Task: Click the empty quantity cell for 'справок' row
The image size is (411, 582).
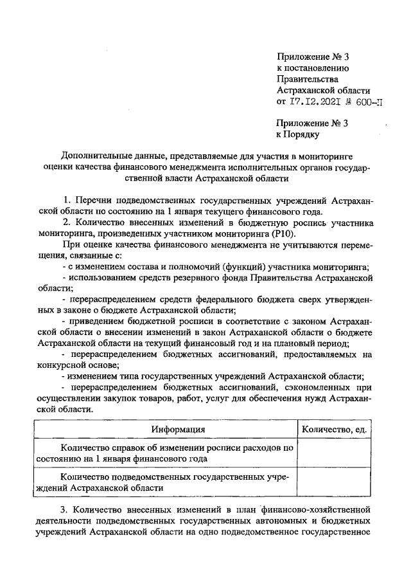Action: [333, 453]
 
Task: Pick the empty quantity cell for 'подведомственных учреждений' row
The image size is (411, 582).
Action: [333, 482]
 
